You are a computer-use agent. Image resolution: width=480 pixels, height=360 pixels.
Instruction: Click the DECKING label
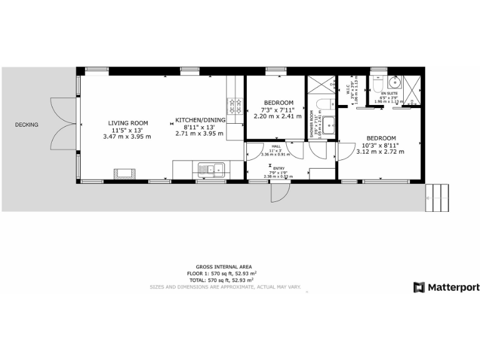click(27, 125)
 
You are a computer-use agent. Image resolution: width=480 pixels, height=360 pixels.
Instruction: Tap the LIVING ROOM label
click(127, 123)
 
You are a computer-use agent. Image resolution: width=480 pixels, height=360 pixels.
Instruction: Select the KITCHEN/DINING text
click(200, 119)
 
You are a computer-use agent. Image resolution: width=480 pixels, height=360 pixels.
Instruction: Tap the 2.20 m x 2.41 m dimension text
click(277, 116)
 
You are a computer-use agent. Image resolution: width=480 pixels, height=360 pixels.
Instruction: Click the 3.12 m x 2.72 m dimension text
click(381, 151)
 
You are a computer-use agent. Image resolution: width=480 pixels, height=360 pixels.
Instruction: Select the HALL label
click(276, 146)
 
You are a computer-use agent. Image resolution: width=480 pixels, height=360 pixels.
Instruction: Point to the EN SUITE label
click(389, 93)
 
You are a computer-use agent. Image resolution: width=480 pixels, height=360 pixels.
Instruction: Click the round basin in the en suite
click(394, 83)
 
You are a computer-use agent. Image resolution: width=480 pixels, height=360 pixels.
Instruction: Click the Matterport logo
click(446, 287)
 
